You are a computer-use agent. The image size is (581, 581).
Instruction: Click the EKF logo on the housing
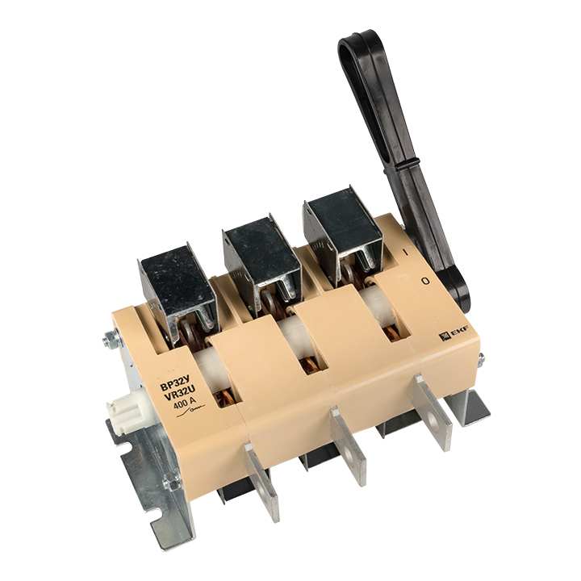pyautogui.click(x=454, y=332)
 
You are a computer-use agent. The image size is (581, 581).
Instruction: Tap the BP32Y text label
pyautogui.click(x=175, y=381)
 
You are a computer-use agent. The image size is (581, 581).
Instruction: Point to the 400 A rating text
pyautogui.click(x=184, y=402)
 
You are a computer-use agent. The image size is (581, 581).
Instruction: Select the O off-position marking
pyautogui.click(x=426, y=282)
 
